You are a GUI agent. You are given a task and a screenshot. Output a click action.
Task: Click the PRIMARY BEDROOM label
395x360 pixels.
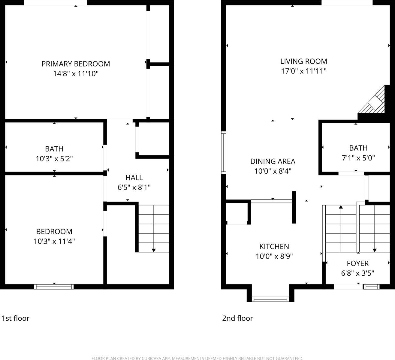(x=76, y=64)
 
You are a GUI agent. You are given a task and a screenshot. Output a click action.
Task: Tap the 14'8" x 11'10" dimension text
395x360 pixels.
(x=76, y=73)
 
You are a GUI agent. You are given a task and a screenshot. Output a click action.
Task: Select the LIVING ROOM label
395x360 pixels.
(x=303, y=61)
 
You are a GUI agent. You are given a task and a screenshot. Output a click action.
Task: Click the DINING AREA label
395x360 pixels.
(x=273, y=161)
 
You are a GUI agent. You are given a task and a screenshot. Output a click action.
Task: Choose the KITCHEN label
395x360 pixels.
(x=274, y=247)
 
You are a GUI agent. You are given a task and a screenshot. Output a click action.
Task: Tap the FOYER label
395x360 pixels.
(x=357, y=263)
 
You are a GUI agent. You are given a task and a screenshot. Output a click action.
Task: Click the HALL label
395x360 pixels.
(x=134, y=178)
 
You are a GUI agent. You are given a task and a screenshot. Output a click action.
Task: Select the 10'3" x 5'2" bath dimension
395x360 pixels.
(x=54, y=159)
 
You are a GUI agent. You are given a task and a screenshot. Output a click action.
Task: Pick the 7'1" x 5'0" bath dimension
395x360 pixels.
(x=358, y=158)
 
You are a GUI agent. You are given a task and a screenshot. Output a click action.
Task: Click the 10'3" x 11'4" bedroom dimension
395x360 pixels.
(x=54, y=241)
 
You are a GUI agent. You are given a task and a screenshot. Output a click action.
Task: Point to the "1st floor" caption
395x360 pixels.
(x=16, y=318)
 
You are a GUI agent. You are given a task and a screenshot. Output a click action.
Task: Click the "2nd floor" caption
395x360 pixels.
(x=237, y=318)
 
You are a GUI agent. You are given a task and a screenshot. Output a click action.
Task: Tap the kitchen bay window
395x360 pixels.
(x=270, y=299)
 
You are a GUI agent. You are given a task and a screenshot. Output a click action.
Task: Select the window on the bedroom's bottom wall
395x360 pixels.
(x=54, y=287)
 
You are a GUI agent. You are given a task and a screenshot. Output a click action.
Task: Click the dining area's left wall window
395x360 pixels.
(x=223, y=152)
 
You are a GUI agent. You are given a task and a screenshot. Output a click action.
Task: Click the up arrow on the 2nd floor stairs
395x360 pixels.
(x=341, y=207)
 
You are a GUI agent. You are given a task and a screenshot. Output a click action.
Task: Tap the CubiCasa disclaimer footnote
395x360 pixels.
(x=197, y=358)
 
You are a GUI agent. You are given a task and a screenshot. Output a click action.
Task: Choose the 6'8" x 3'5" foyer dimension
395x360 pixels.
(x=357, y=273)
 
